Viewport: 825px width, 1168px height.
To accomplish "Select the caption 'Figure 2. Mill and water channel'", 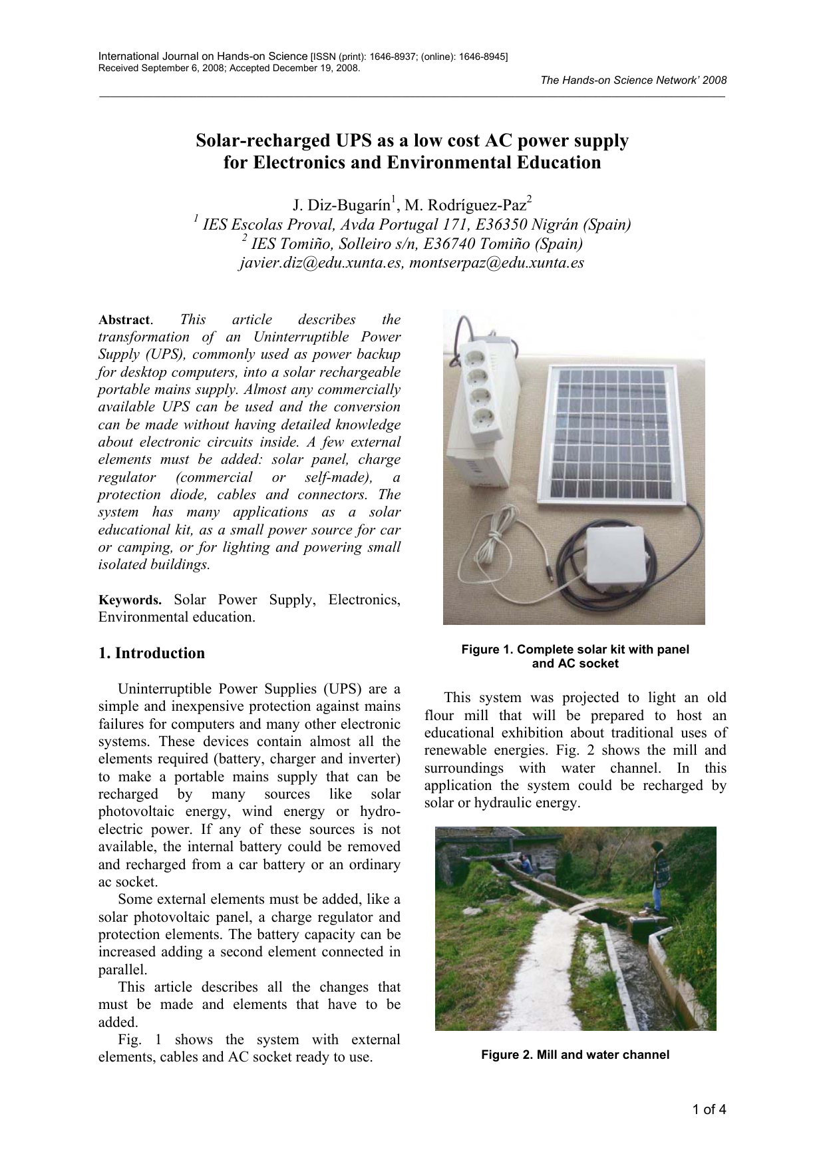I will (x=575, y=1055).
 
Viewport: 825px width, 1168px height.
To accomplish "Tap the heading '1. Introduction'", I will (x=152, y=653).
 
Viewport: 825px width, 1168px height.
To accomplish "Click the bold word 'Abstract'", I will (x=124, y=320).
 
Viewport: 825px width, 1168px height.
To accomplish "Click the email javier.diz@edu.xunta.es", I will (x=320, y=262).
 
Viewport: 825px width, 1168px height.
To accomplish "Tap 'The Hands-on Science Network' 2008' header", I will (x=633, y=80).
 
